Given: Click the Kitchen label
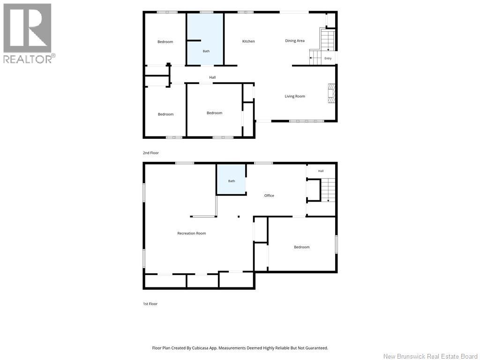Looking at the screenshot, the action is click(x=248, y=41).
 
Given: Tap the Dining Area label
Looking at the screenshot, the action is click(x=294, y=41).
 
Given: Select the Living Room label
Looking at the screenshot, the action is click(x=295, y=96).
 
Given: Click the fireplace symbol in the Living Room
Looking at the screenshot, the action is click(x=331, y=94).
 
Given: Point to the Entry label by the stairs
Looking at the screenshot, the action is click(x=328, y=59).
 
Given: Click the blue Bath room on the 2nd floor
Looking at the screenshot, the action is click(x=205, y=39).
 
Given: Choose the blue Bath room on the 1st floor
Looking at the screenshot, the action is click(x=231, y=179).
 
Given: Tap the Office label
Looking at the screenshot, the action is click(x=269, y=195).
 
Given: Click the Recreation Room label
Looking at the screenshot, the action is click(x=192, y=233).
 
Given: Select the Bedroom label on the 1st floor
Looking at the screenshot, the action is click(x=301, y=247).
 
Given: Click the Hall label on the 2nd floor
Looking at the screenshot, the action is click(x=212, y=77).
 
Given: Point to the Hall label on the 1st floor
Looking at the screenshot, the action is click(x=321, y=171).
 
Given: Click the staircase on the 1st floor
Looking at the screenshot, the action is click(x=328, y=190).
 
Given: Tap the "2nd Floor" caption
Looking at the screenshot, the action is click(x=151, y=153).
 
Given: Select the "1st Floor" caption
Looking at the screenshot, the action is click(x=150, y=304).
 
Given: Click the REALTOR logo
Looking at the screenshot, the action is click(x=28, y=33).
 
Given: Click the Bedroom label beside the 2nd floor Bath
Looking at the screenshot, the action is click(x=165, y=42).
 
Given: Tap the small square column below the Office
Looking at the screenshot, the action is click(x=239, y=217).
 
